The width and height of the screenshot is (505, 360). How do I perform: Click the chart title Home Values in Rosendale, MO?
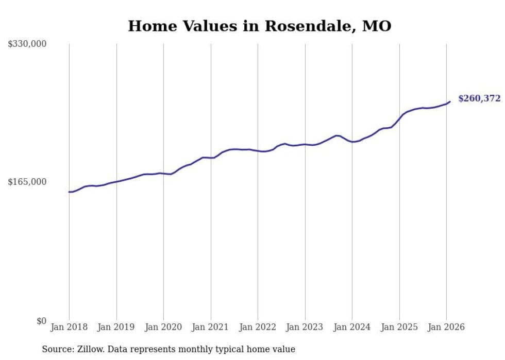point(259,26)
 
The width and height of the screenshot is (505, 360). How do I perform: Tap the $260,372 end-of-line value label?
point(479,98)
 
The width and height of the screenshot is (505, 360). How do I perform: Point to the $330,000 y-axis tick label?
point(27,44)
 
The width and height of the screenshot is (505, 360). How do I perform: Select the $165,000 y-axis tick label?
point(27,182)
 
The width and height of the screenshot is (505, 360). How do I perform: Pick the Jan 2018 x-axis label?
point(69,327)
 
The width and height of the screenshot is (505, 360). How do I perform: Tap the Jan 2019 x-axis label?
point(116,327)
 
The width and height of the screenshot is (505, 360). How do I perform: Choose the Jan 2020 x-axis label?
point(163,327)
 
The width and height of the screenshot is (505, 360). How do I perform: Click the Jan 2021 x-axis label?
point(211,327)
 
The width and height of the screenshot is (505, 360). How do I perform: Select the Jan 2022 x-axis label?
point(258,327)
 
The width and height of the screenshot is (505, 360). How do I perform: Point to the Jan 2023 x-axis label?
point(305,327)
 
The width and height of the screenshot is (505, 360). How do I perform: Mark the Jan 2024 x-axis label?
point(352,327)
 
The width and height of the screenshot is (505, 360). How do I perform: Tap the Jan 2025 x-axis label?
point(399,327)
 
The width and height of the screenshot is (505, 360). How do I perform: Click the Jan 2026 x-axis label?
point(446,327)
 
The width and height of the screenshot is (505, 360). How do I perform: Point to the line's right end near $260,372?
point(450,101)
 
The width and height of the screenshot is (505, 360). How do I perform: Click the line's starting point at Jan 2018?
point(69,192)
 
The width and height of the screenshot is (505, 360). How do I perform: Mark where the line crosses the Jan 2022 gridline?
point(258,151)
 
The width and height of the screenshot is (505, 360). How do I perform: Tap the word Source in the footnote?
point(56,349)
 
